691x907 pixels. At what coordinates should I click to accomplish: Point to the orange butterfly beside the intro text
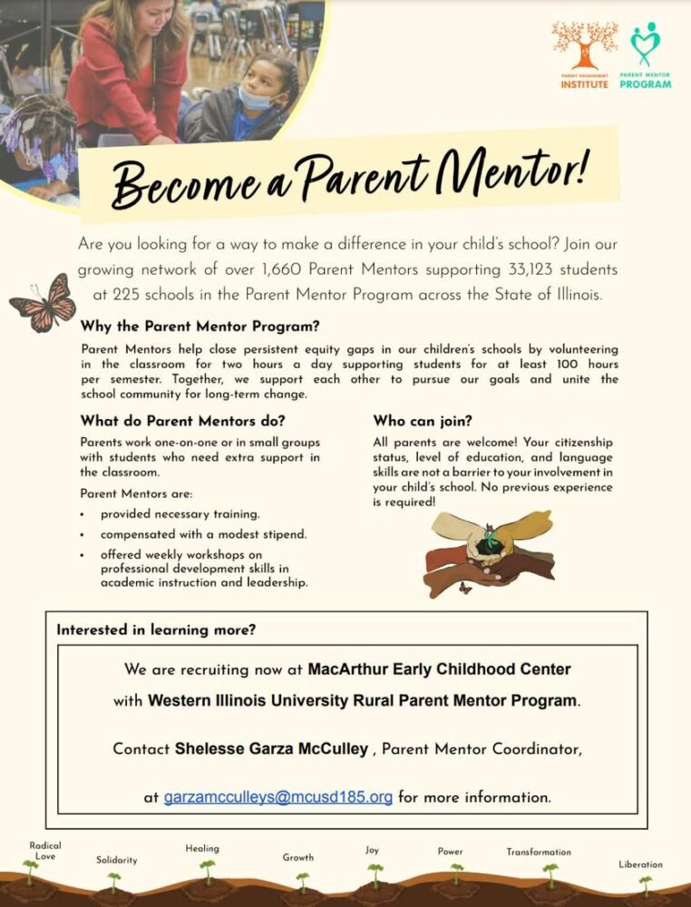coord(43,302)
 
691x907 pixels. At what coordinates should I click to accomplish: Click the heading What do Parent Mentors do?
coord(183,421)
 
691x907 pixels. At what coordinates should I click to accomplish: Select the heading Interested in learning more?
coord(156,629)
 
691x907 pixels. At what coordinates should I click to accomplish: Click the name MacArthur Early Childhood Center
coord(440,670)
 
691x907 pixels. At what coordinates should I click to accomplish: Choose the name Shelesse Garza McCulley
coord(271,749)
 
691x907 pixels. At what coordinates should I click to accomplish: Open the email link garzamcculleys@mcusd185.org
coord(277,798)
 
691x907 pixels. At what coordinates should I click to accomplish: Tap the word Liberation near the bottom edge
coord(640,864)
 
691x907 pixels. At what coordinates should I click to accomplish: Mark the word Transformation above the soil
coord(539,852)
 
